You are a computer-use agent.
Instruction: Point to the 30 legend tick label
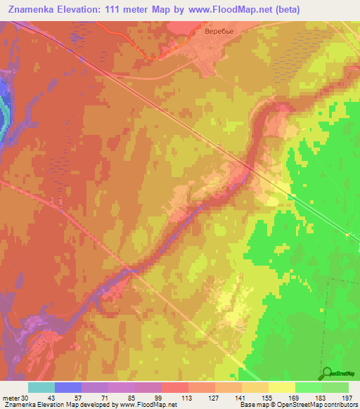pyautogui.click(x=25, y=398)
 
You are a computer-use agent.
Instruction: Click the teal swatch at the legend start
pyautogui.click(x=41, y=387)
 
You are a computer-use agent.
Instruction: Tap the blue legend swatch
pyautogui.click(x=68, y=387)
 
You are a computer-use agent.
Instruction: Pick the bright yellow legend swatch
pyautogui.click(x=281, y=387)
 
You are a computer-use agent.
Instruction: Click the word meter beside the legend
pyautogui.click(x=10, y=398)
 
